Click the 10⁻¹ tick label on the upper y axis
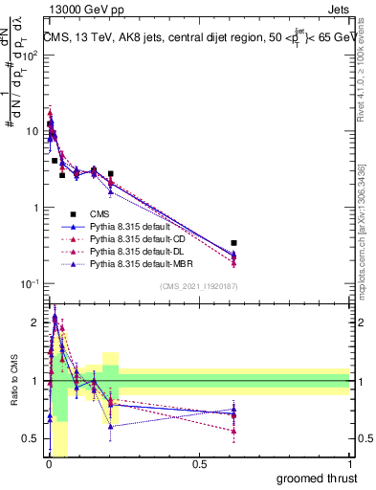31,283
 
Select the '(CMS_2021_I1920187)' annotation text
198,284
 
